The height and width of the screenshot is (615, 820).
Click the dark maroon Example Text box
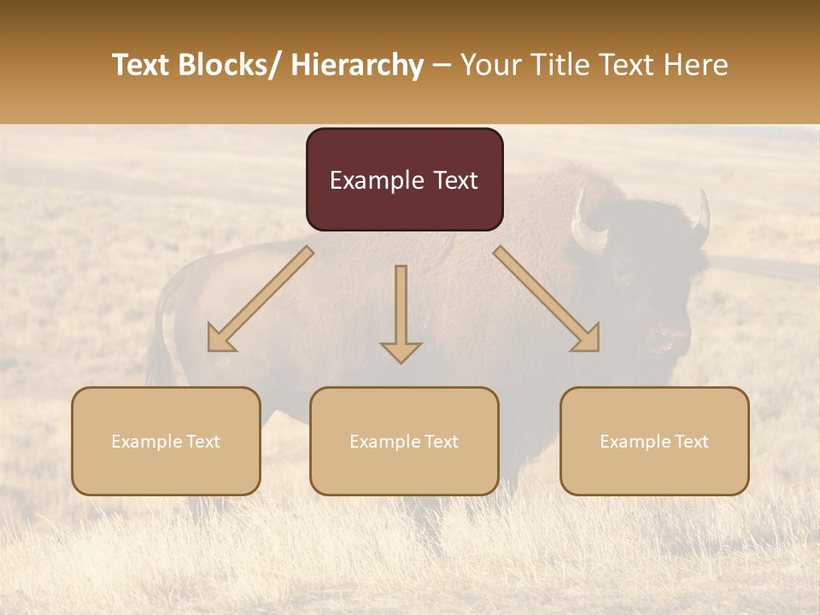tap(404, 179)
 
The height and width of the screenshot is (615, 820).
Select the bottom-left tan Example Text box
tap(166, 441)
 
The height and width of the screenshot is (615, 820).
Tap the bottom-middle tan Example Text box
tap(404, 441)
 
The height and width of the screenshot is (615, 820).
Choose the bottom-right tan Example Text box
tap(654, 441)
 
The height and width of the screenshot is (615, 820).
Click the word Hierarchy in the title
tap(357, 66)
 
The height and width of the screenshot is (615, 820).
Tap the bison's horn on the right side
tap(702, 218)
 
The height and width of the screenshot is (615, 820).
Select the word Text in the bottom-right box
tap(690, 442)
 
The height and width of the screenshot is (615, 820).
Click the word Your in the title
tap(487, 66)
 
